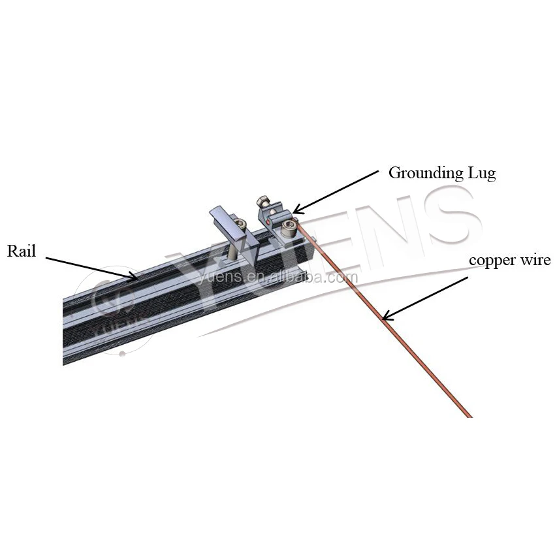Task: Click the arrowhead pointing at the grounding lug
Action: point(295,210)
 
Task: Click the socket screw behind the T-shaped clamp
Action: point(242,227)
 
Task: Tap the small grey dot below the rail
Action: point(122,354)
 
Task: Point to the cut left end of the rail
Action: point(65,330)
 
